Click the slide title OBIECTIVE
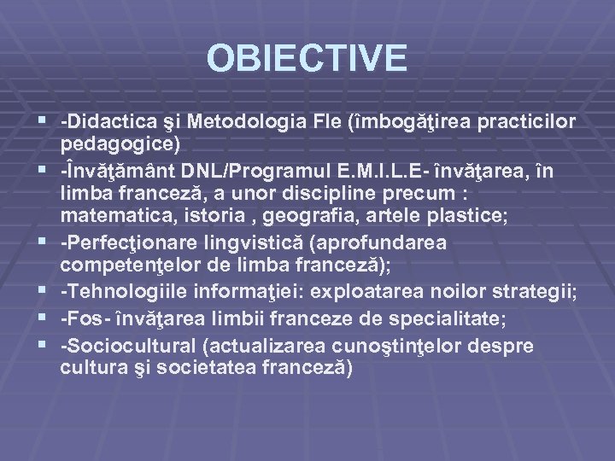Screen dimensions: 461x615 coord(307,58)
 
